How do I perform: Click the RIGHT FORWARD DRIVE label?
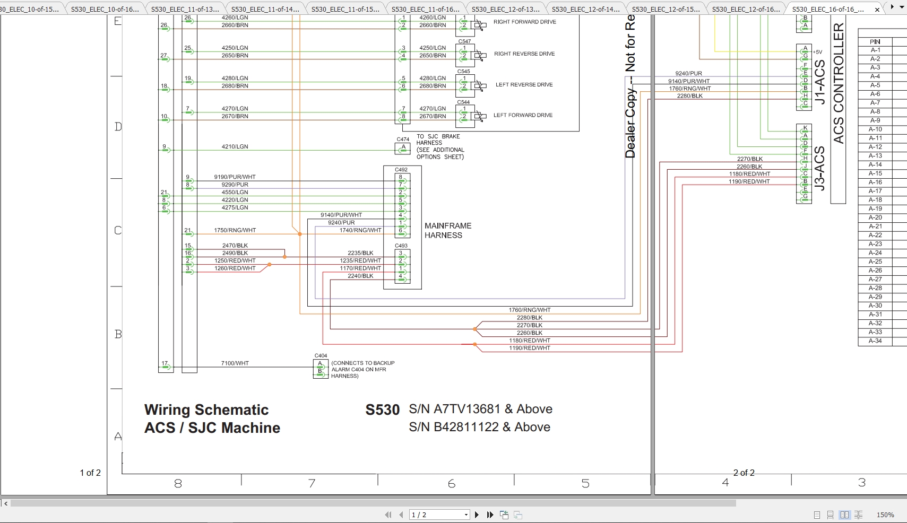click(524, 22)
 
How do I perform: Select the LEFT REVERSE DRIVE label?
click(524, 84)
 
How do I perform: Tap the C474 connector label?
click(403, 140)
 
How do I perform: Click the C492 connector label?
click(401, 170)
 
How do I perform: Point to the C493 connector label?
click(401, 246)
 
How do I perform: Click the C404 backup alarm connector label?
click(321, 355)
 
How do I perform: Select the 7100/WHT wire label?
click(235, 363)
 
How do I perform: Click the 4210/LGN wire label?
click(235, 146)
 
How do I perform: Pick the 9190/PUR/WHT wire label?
click(235, 177)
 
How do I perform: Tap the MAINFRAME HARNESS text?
click(447, 230)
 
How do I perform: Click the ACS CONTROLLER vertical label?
click(838, 83)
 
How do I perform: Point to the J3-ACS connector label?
click(819, 168)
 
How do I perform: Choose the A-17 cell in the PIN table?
click(875, 191)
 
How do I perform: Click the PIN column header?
click(875, 41)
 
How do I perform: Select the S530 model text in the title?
click(382, 410)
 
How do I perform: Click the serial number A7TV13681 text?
click(467, 409)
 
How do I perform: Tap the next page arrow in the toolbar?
click(477, 515)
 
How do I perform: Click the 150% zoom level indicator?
click(885, 515)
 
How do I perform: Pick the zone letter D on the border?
click(118, 127)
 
